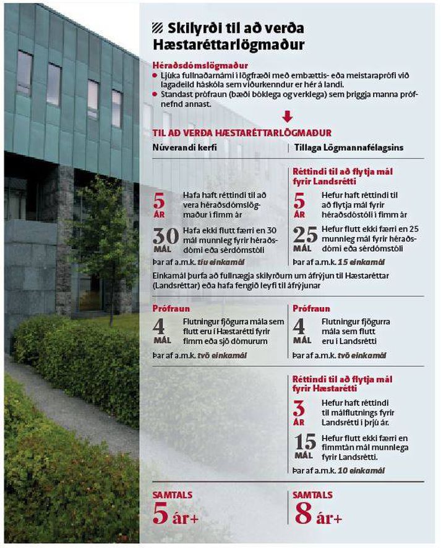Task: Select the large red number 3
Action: click(x=299, y=407)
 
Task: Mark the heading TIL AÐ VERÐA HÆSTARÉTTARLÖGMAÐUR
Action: click(x=242, y=133)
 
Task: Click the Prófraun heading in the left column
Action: click(x=171, y=308)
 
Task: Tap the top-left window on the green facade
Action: click(x=25, y=73)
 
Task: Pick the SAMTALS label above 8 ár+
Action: click(x=313, y=495)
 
